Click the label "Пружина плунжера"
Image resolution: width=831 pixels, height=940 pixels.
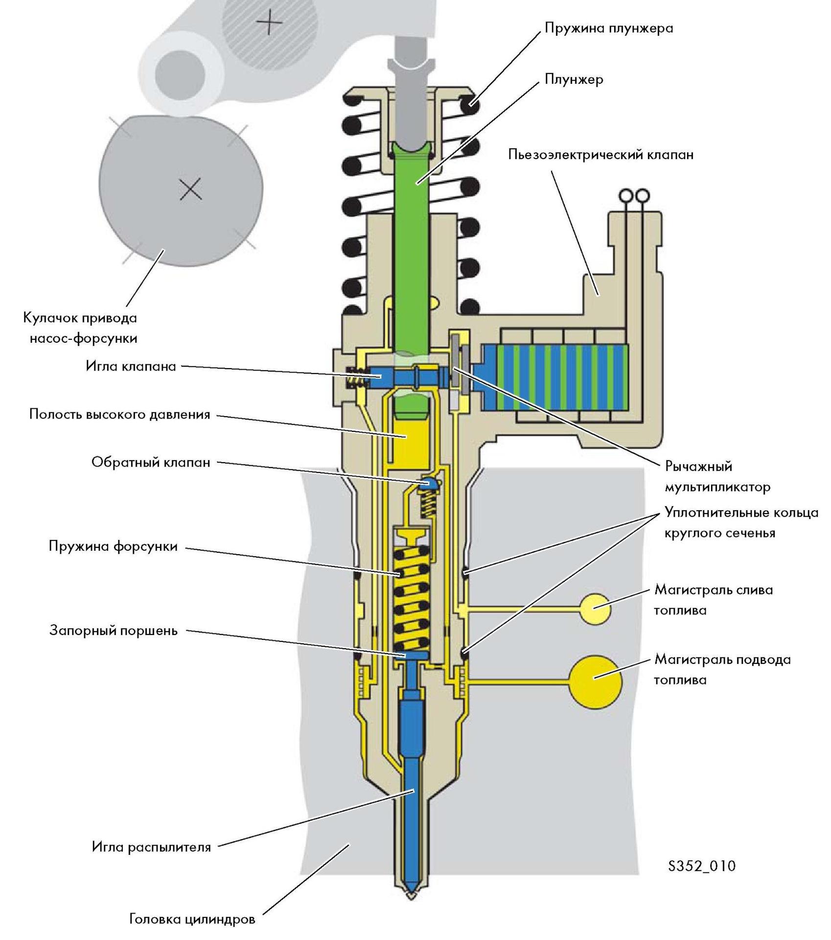point(608,28)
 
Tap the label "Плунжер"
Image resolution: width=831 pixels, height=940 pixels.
point(574,79)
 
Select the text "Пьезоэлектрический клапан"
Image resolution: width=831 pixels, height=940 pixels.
point(600,155)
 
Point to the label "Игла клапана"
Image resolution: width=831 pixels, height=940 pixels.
point(131,366)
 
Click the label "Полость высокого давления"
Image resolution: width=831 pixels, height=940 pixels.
point(119,415)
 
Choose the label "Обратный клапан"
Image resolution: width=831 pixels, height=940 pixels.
point(151,462)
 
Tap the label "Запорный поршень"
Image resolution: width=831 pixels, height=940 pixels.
point(113,631)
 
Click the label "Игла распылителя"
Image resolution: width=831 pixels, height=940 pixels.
point(151,847)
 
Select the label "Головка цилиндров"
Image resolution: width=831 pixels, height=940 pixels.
point(192,919)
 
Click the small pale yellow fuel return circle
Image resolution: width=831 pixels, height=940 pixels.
point(595,609)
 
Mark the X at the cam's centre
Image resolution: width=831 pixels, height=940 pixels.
point(190,189)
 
